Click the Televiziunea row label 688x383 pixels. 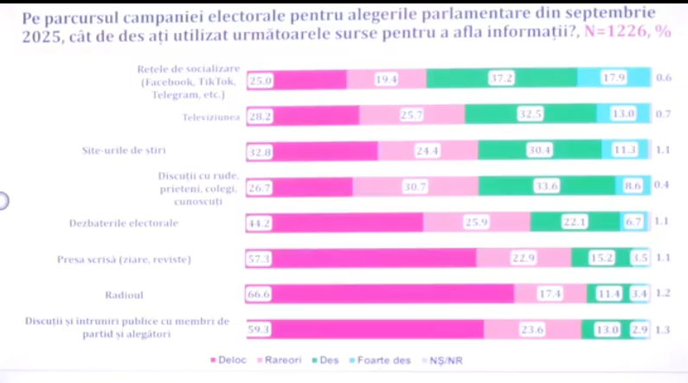point(210,115)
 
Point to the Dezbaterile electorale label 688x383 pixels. point(123,223)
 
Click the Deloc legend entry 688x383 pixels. point(228,360)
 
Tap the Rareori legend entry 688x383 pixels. point(279,360)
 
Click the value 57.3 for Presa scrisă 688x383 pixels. point(259,259)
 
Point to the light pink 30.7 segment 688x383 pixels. point(415,187)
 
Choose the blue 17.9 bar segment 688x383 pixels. point(614,79)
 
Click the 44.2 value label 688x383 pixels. point(259,222)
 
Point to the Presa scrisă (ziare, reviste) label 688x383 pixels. point(123,259)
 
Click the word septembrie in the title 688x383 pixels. point(606,12)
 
